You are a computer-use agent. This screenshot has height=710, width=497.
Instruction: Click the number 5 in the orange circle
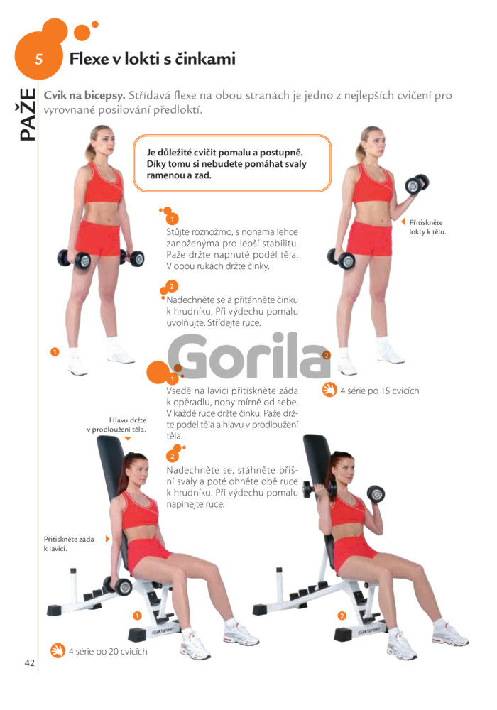pyautogui.click(x=39, y=60)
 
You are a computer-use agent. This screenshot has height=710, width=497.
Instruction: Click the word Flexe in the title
pyautogui.click(x=89, y=59)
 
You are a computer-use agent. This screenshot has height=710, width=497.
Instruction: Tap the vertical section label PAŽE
pyautogui.click(x=27, y=114)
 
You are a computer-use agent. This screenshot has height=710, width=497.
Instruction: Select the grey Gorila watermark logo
pyautogui.click(x=248, y=356)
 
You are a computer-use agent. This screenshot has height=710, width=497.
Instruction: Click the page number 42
pyautogui.click(x=29, y=663)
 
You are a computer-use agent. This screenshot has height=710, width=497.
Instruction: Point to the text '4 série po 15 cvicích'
pyautogui.click(x=379, y=390)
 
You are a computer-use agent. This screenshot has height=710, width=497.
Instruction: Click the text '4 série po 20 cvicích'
pyautogui.click(x=108, y=652)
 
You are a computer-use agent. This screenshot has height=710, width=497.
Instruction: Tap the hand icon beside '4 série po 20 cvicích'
pyautogui.click(x=58, y=650)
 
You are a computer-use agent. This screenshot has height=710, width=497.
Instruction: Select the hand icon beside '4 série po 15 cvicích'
pyautogui.click(x=329, y=390)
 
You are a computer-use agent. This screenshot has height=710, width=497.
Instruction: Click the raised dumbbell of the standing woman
pyautogui.click(x=417, y=184)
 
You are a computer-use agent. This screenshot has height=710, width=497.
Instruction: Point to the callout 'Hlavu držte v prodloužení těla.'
pyautogui.click(x=116, y=425)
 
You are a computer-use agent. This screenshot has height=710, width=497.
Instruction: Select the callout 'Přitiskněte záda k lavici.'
pyautogui.click(x=69, y=544)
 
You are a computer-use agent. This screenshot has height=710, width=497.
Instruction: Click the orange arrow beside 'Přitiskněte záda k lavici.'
pyautogui.click(x=107, y=539)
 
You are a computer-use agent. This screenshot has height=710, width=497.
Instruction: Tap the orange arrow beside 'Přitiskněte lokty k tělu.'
pyautogui.click(x=403, y=222)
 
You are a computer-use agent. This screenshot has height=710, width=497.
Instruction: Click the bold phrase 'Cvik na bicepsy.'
pyautogui.click(x=84, y=96)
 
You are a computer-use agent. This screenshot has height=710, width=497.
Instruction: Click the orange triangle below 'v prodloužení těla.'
pyautogui.click(x=128, y=438)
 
